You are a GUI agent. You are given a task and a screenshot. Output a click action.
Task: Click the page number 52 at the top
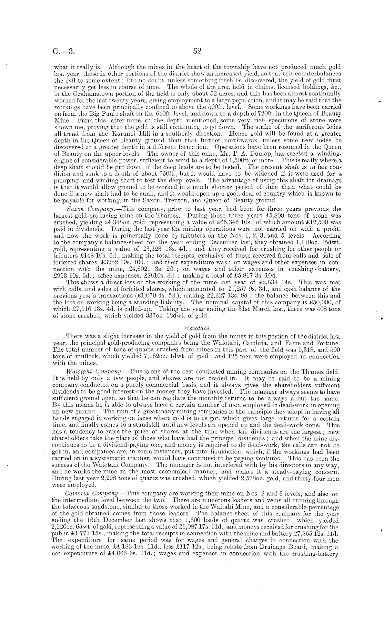197,51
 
